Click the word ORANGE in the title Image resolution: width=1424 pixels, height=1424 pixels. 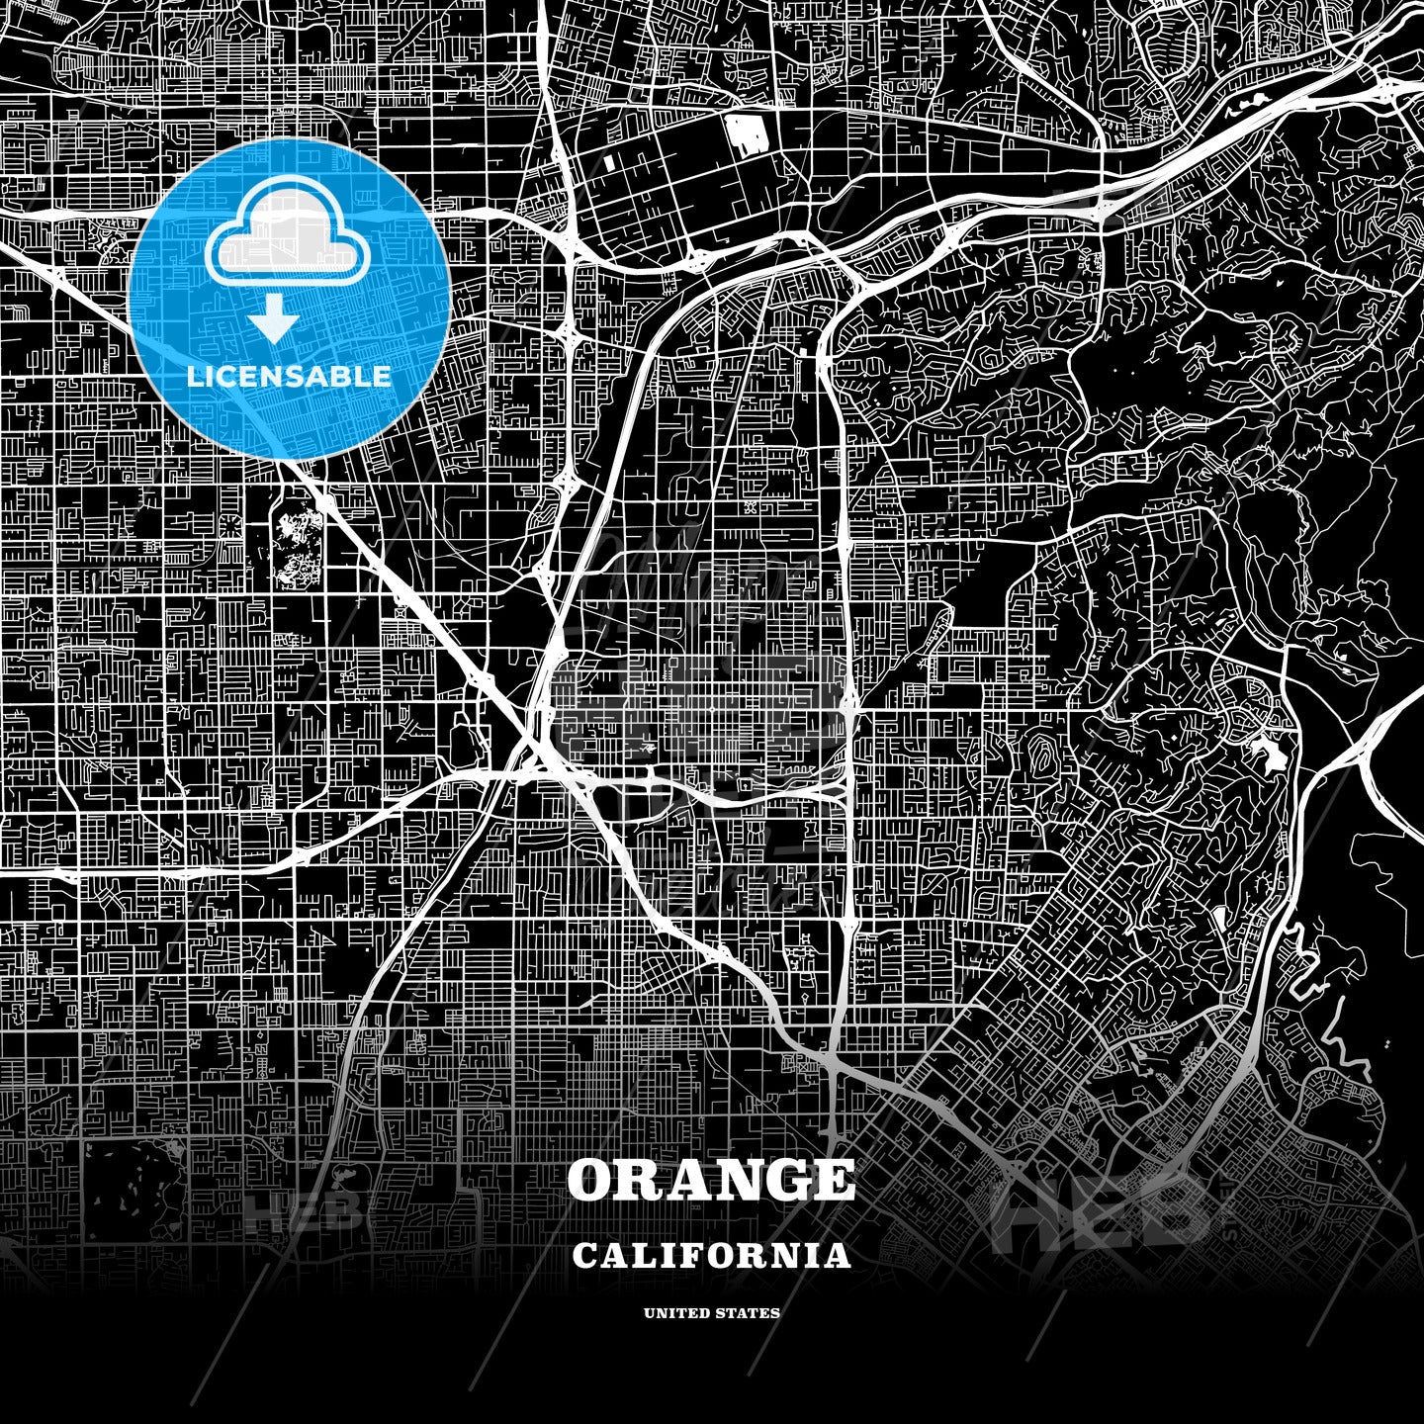click(711, 1180)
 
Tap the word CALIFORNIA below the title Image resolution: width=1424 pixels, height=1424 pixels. click(711, 1256)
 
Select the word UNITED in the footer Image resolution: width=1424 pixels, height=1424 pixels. click(676, 1313)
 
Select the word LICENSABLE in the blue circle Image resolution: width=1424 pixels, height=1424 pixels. click(289, 376)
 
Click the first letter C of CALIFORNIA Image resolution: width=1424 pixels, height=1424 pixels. click(584, 1256)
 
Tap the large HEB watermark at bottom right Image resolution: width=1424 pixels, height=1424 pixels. click(1103, 1208)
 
